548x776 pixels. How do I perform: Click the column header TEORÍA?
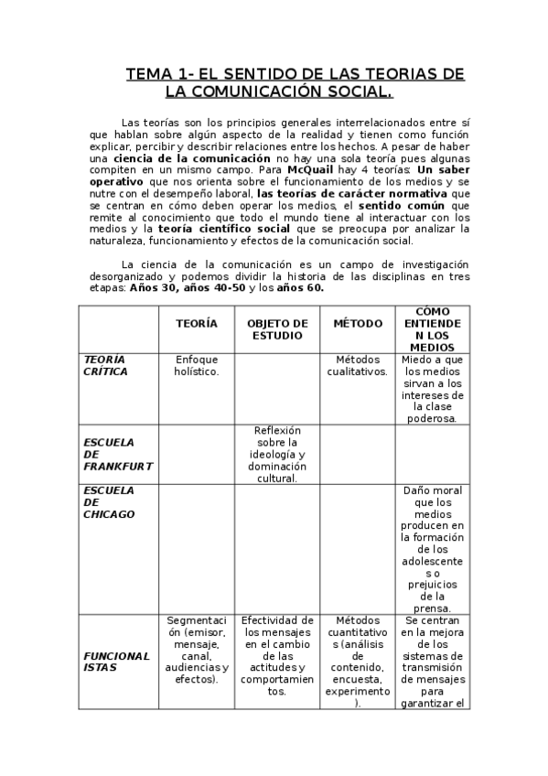pos(197,324)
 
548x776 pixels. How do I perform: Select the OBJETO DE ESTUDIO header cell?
pos(277,329)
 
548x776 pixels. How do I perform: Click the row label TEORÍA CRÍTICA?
pos(106,365)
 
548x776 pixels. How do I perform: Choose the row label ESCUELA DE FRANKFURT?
pos(118,453)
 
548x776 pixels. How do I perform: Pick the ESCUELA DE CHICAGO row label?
pos(109,501)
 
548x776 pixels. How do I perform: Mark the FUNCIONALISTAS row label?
pos(116,662)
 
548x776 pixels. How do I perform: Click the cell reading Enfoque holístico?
pos(197,365)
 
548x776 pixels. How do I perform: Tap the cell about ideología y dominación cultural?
pos(277,454)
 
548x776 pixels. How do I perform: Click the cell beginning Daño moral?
pos(433,549)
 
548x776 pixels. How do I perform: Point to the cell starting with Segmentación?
pos(197,650)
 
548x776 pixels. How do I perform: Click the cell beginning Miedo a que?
pos(433,389)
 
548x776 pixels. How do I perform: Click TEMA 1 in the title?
pos(163,75)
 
